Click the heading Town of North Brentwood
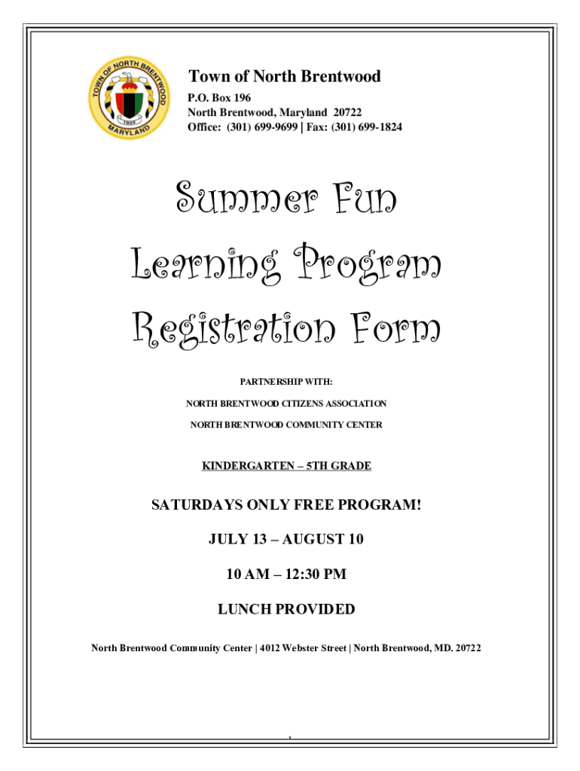coord(284,76)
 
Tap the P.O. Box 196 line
coord(219,98)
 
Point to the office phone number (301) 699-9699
coord(262,127)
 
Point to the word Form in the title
coord(395,329)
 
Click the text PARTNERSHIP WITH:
coord(286,382)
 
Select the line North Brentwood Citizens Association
coord(286,404)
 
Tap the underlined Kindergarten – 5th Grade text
coord(286,466)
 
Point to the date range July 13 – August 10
coord(286,539)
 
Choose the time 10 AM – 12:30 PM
coord(286,574)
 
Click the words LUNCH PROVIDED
coord(286,609)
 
